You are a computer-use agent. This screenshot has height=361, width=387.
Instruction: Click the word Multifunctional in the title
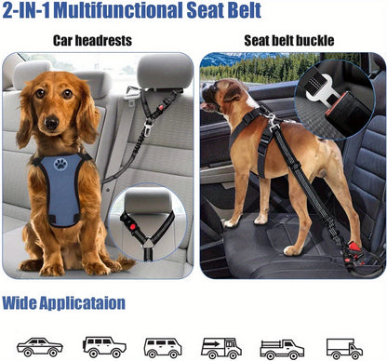(118, 10)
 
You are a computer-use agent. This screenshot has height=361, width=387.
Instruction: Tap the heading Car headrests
(92, 41)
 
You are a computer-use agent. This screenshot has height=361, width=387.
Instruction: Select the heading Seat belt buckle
(289, 41)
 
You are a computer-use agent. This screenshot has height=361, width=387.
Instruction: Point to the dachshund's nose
(51, 123)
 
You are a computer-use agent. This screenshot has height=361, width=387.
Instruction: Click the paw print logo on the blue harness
(60, 165)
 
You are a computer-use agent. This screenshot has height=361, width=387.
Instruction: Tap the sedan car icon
(40, 347)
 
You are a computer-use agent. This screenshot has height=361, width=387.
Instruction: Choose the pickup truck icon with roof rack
(282, 348)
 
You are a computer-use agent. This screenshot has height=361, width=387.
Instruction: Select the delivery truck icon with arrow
(221, 347)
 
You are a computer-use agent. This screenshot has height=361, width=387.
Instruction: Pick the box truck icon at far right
(344, 348)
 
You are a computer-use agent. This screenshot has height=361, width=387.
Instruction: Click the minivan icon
(163, 348)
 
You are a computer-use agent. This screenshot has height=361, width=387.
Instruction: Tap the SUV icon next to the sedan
(104, 347)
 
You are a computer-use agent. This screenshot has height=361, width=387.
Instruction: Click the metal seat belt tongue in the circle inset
(319, 89)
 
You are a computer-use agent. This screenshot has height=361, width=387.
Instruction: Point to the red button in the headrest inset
(133, 227)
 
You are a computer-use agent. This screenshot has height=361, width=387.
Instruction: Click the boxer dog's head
(219, 95)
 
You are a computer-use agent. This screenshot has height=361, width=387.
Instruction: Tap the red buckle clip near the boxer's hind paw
(353, 248)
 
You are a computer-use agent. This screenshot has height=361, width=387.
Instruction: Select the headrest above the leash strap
(165, 73)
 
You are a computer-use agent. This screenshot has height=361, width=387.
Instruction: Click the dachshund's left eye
(68, 94)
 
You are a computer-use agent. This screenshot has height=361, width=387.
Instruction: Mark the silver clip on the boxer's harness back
(273, 122)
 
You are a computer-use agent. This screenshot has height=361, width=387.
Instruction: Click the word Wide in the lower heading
(20, 303)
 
